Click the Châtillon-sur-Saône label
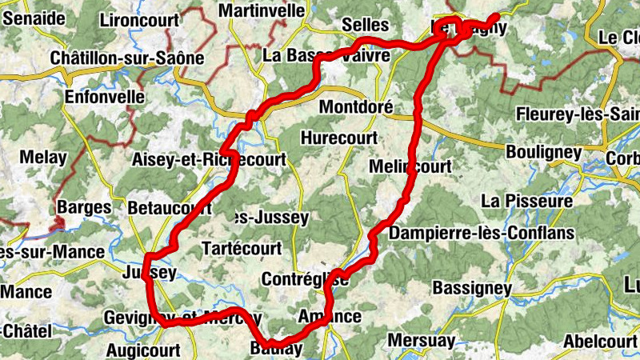tap(127, 58)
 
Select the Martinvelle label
tap(262, 10)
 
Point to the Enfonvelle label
tap(105, 97)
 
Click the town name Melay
tap(44, 158)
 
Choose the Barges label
tap(84, 208)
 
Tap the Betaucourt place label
tap(170, 208)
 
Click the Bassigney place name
tap(472, 286)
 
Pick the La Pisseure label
tap(527, 200)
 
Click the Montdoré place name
tap(355, 106)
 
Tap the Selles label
tap(365, 26)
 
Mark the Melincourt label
tap(410, 166)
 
